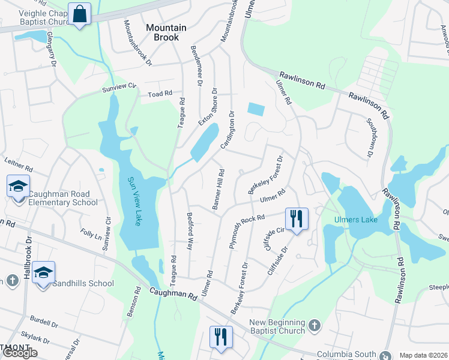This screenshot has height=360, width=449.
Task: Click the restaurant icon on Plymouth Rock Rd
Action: (296, 219)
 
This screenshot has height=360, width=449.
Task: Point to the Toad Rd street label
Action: (160, 94)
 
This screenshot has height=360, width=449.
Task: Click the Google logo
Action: (20, 353)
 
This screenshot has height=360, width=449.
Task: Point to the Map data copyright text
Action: (423, 355)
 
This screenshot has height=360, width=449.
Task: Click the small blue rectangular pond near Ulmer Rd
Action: (256, 109)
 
